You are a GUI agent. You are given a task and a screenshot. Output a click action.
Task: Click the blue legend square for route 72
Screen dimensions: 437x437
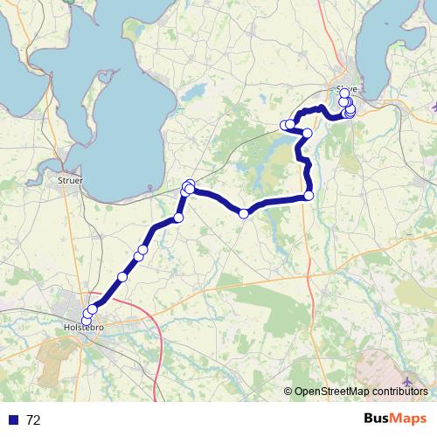[x=11, y=420]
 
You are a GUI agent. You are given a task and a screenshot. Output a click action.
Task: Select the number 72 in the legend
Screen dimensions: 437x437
[x=34, y=420]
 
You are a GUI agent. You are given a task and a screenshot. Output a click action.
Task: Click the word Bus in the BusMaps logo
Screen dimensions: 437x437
[x=378, y=420]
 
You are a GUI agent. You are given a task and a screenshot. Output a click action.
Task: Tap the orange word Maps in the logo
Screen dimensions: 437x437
[x=410, y=420]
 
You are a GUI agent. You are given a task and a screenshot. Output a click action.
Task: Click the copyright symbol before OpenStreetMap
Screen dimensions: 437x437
[x=288, y=392]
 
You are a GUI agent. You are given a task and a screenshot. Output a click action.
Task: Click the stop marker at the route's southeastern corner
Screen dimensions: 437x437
[x=309, y=196]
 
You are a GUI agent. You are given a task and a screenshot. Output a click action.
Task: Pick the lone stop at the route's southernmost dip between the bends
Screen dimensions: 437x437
[x=244, y=213]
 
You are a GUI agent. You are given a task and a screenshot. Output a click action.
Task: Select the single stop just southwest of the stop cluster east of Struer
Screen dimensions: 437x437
[x=178, y=218]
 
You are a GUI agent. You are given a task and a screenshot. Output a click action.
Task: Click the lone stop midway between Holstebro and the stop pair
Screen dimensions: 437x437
[x=122, y=277]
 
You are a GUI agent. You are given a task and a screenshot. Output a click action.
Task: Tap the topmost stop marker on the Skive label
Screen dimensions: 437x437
[x=344, y=93]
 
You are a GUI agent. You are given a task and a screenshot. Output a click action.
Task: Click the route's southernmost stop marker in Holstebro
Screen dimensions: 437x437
[x=86, y=320]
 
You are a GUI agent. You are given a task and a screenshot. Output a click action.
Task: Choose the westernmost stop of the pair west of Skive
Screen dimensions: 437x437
[x=284, y=127]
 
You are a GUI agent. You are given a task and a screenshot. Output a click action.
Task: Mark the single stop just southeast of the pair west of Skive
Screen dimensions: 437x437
[x=307, y=133]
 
